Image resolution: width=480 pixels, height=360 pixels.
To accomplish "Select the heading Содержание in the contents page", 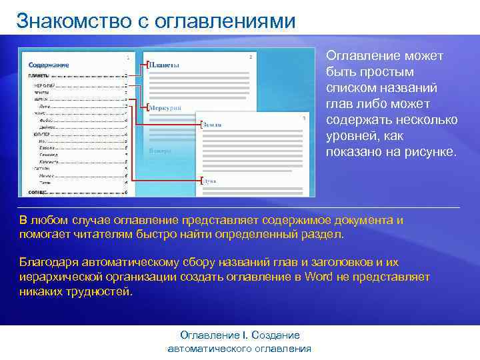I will pos(49,65).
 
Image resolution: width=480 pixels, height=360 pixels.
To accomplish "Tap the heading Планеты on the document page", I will pos(164,65).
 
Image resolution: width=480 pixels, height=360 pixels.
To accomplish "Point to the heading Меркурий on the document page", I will pos(164,107).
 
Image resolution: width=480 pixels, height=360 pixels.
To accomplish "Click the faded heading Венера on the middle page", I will pos(160,151).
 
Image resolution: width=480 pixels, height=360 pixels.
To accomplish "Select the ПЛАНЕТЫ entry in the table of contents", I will pos(39,76).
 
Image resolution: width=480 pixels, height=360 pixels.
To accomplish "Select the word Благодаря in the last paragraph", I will pos(49,263).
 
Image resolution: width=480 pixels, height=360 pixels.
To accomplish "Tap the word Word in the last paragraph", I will pos(318,277).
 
